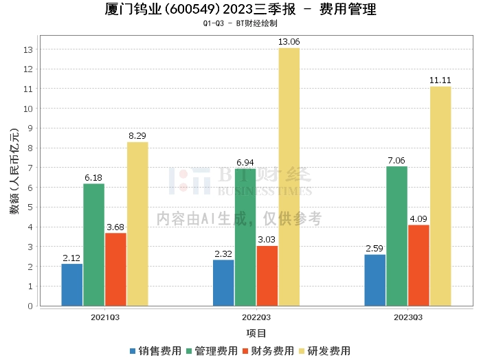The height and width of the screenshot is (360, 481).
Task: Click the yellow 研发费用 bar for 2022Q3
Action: point(289,177)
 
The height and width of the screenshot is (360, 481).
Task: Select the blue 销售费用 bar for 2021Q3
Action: point(71,285)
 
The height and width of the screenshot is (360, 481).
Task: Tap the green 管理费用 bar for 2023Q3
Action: point(396,236)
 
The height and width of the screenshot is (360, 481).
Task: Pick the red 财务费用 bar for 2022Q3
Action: point(267,276)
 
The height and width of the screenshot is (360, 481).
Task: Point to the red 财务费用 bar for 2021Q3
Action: point(115,269)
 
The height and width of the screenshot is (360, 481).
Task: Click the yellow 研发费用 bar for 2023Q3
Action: point(440,196)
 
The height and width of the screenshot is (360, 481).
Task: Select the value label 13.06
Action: point(289,42)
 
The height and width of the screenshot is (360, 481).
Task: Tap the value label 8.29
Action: point(137,135)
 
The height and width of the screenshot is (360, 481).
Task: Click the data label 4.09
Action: point(418,218)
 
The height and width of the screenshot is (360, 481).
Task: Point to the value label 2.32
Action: point(223,254)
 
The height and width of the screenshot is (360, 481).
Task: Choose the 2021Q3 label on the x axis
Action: point(105,317)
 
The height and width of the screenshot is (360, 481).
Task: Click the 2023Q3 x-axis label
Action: point(408,317)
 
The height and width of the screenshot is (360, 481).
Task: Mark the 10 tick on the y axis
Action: point(28,109)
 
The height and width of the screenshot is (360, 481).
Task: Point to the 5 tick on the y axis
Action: point(30,207)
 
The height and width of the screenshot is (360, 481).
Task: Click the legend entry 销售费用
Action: point(156,351)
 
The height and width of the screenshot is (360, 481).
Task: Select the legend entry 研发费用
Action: point(325,351)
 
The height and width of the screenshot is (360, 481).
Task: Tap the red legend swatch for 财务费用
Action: point(245,351)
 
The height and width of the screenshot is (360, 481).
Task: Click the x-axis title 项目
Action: point(256,333)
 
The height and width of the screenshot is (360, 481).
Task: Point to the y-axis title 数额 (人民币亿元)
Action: point(14,171)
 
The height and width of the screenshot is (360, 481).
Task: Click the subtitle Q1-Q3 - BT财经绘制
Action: point(240,23)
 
